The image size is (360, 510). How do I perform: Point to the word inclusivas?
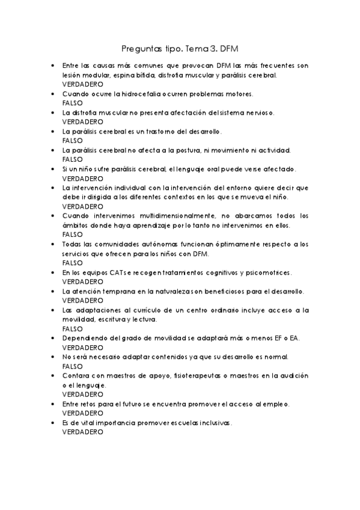(x=211, y=422)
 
